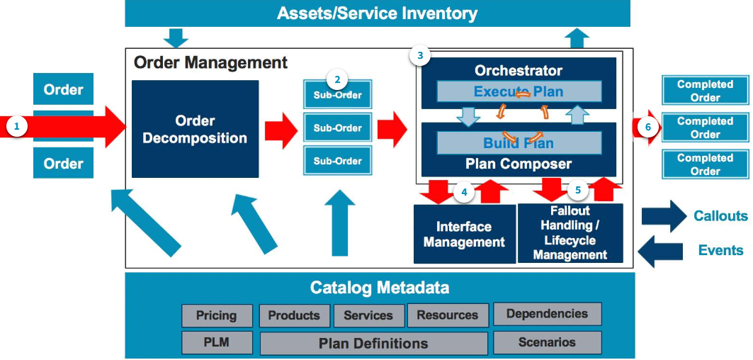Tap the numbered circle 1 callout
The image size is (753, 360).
coord(17,127)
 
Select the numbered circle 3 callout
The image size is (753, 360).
coord(421,55)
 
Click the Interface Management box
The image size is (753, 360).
coord(464,234)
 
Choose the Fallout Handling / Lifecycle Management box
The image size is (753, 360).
coord(570,233)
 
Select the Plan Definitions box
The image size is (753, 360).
coord(373,344)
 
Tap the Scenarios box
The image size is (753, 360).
coord(547,342)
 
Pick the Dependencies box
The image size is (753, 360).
coord(547,314)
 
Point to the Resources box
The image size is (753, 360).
coord(447,315)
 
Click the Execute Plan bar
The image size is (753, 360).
coord(519,91)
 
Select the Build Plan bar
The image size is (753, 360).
coord(519,143)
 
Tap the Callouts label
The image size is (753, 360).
coord(720,216)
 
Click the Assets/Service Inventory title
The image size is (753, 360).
coord(377,13)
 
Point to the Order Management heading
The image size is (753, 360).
coord(210,62)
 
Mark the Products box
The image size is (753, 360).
coord(294,315)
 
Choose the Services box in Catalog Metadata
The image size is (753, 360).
coord(368,315)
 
